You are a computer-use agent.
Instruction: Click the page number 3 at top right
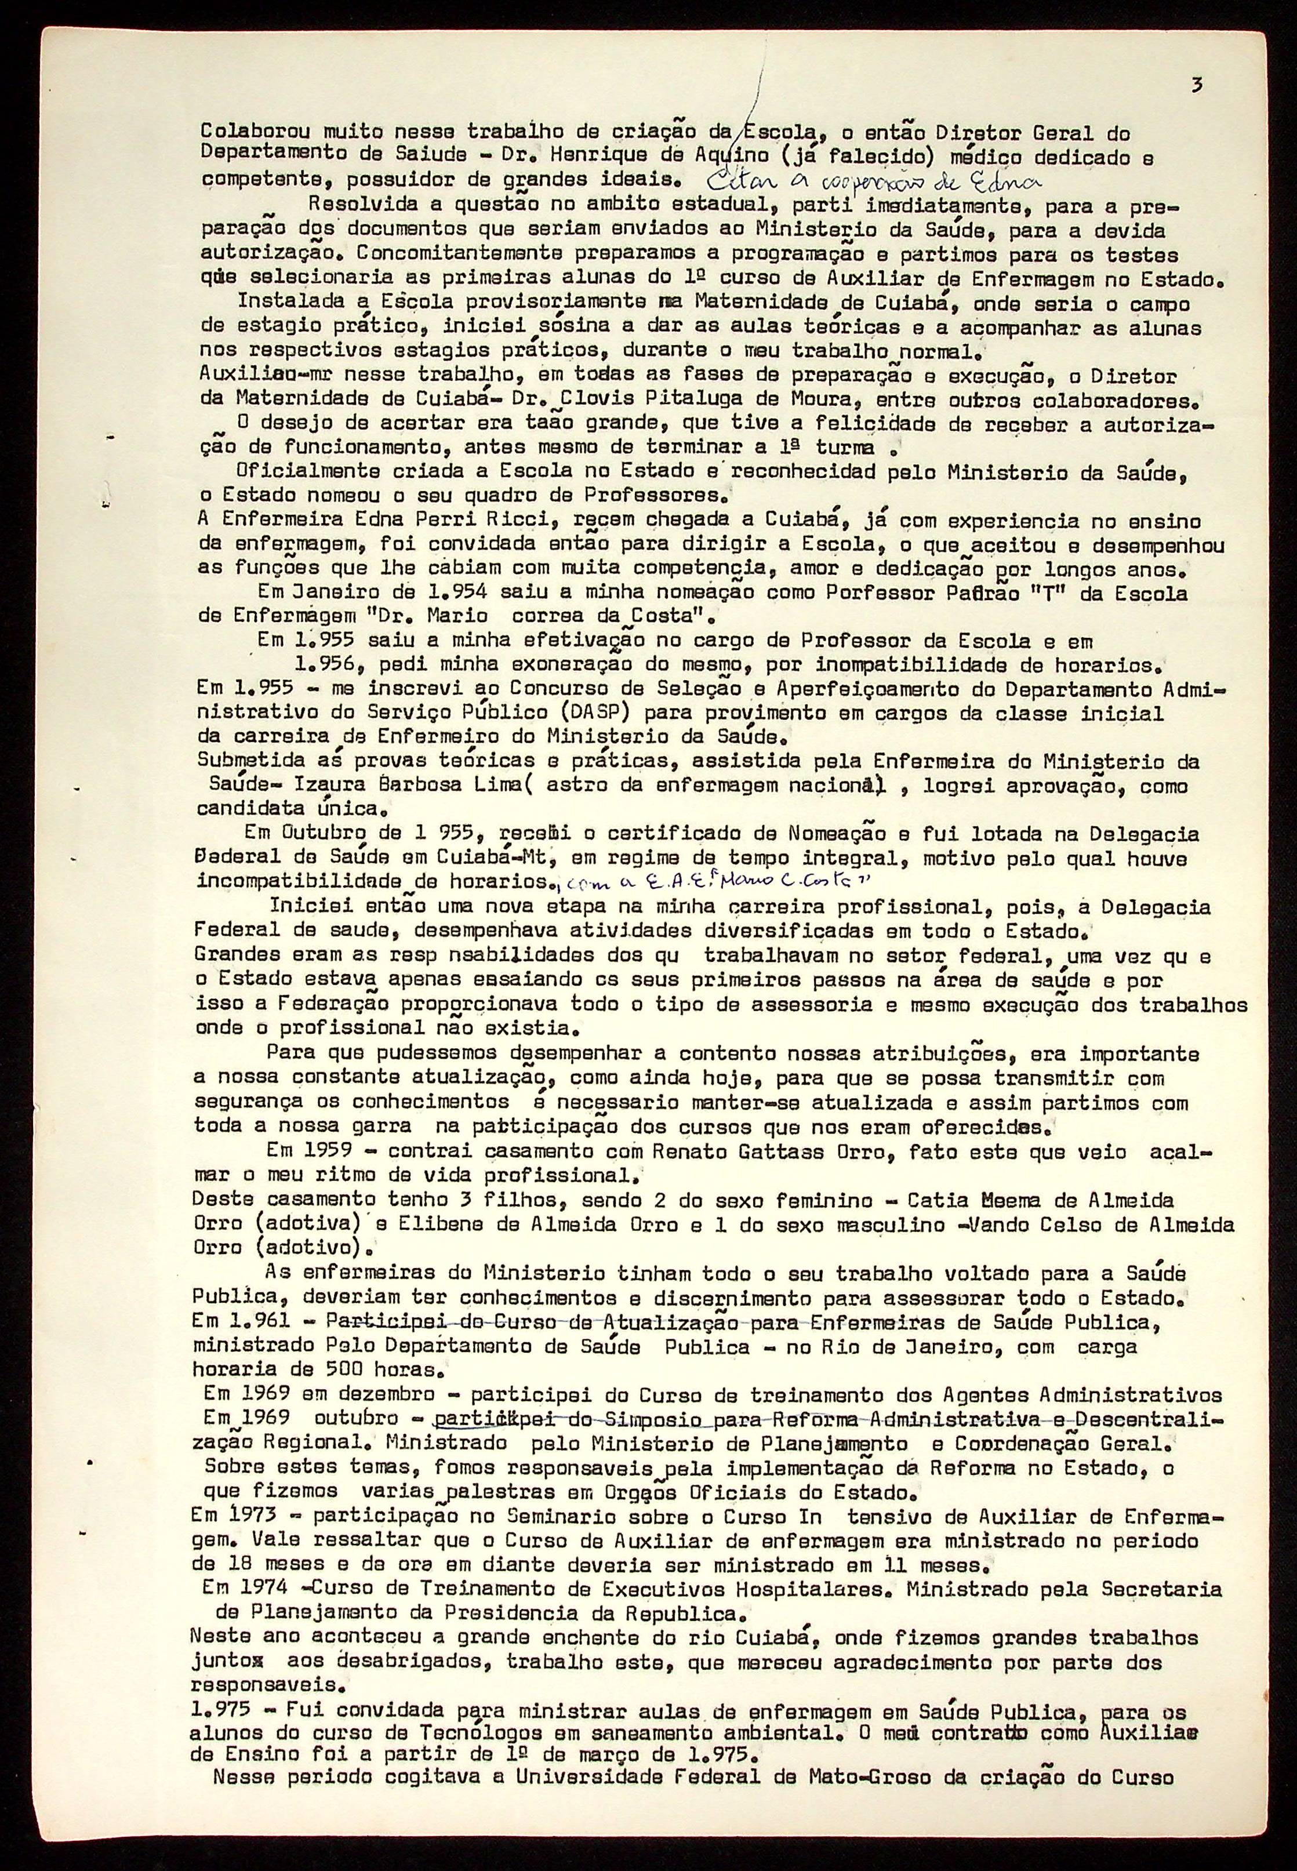coord(1196,85)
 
